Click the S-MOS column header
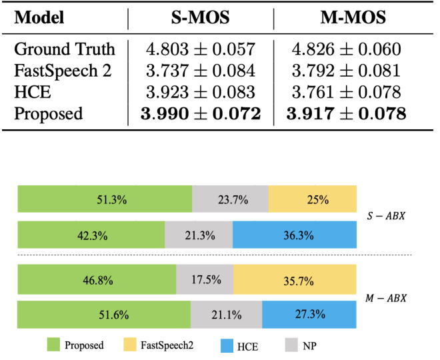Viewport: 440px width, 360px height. coord(201,17)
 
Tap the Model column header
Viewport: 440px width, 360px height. coord(39,17)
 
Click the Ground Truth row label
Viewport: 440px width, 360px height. coord(65,49)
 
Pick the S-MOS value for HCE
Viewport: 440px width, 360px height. coord(201,92)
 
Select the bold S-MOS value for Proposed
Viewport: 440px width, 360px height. coord(201,113)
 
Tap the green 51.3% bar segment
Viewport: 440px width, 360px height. coord(105,199)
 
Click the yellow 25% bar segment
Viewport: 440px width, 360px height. coord(313,199)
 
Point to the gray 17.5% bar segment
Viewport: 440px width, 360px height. coord(205,279)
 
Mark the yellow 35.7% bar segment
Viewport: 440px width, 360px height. coord(295,279)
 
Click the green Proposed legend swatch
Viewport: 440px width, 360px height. coord(53,345)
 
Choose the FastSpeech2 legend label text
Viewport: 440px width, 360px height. coord(169,345)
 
